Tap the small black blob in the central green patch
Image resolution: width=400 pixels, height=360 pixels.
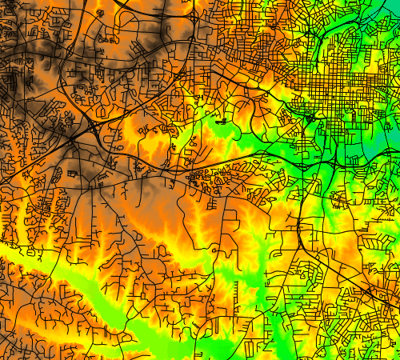pyautogui.click(x=221, y=122)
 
